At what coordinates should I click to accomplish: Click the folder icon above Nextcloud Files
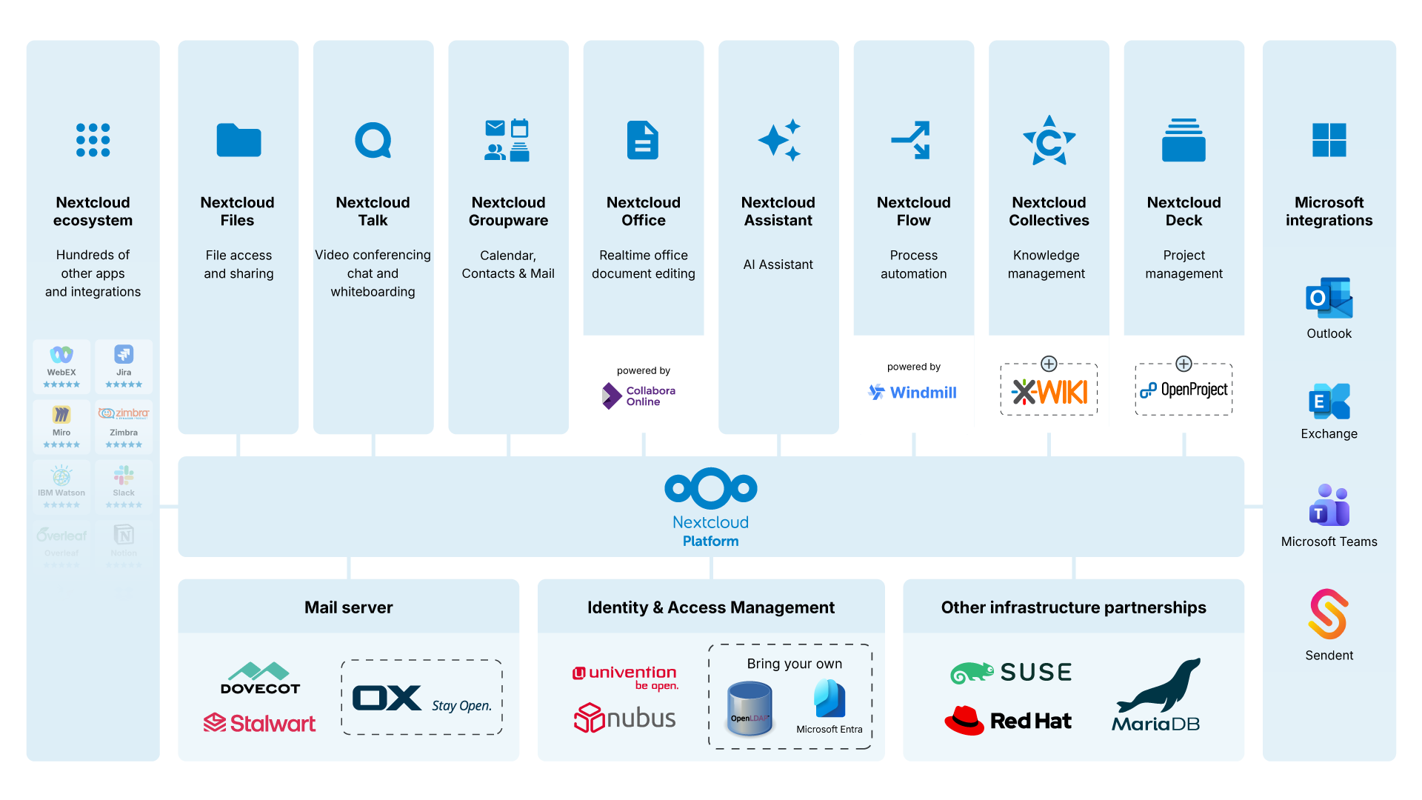(238, 140)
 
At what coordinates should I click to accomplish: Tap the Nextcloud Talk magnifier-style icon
(373, 140)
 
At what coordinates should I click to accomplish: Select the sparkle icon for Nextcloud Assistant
(778, 140)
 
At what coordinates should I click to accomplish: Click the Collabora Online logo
(638, 396)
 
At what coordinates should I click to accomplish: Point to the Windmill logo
(912, 393)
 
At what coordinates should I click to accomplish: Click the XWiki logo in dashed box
(1049, 391)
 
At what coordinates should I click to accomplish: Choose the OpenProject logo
(1184, 390)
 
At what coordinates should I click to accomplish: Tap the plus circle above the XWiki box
(1049, 364)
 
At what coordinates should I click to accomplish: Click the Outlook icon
(1329, 298)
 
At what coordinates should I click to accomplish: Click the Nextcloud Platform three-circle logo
(710, 488)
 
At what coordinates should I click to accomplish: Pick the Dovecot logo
(260, 678)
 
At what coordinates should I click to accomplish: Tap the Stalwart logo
(260, 723)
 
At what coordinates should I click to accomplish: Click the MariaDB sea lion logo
(1158, 695)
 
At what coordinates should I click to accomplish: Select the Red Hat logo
(1007, 720)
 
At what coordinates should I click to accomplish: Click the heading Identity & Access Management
(710, 607)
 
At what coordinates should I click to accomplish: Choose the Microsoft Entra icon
(829, 699)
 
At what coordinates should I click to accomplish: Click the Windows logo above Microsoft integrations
(1329, 140)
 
